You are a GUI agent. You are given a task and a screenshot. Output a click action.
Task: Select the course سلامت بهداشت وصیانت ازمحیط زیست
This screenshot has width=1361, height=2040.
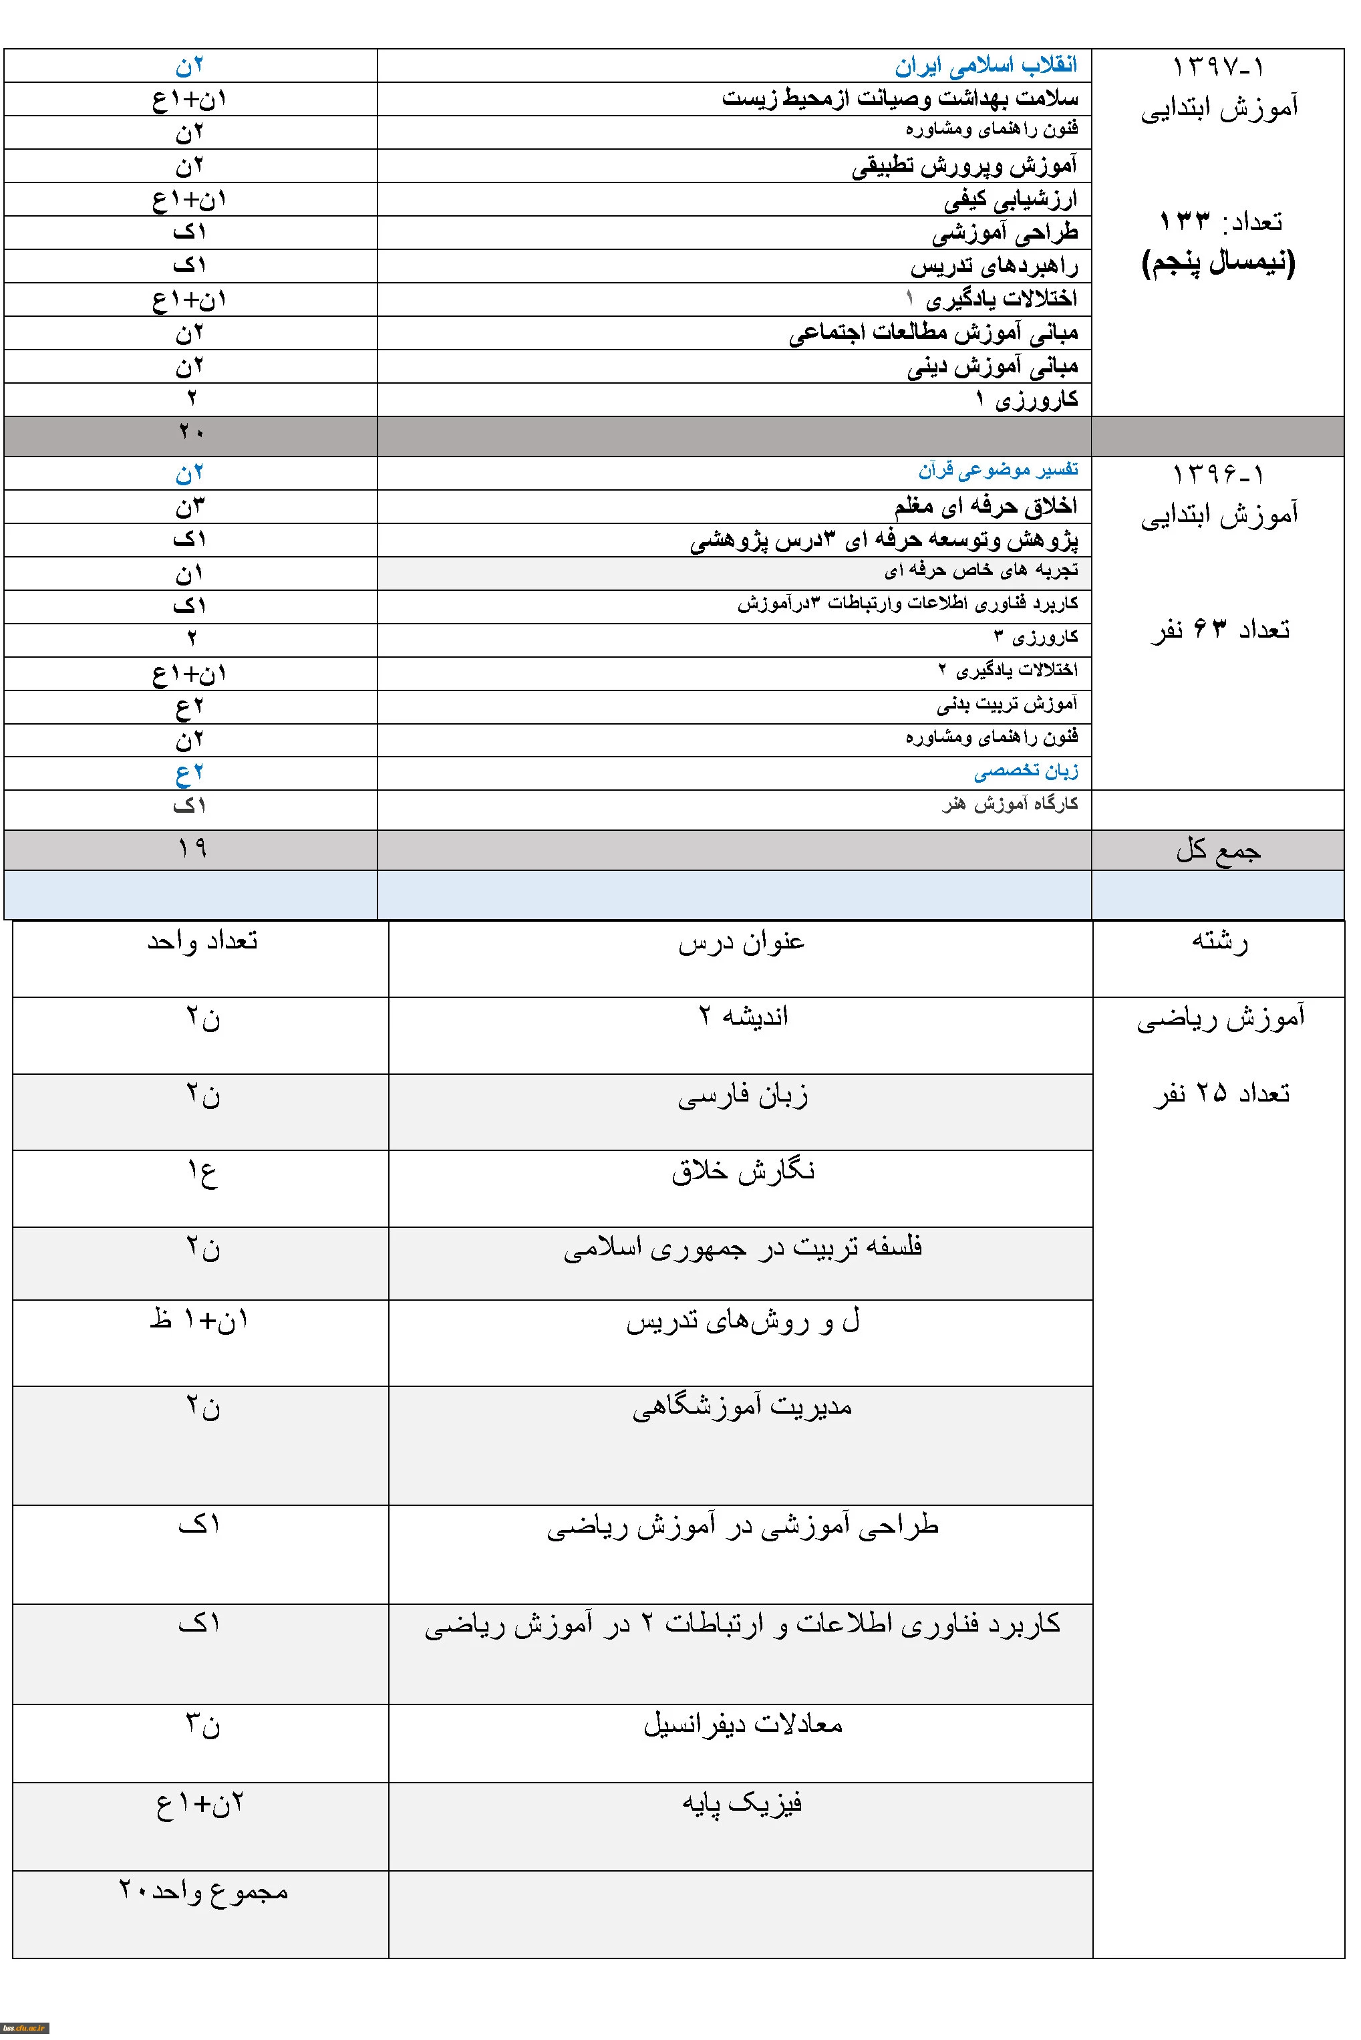click(x=899, y=99)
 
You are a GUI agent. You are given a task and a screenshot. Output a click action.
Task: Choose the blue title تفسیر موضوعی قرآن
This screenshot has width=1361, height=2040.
click(x=998, y=471)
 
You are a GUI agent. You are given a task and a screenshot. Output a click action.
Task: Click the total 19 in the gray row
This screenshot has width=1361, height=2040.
click(x=191, y=848)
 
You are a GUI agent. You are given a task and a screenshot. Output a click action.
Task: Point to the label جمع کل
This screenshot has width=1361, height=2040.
click(x=1218, y=851)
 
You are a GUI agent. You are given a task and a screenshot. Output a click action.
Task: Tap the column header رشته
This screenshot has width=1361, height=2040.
click(x=1219, y=942)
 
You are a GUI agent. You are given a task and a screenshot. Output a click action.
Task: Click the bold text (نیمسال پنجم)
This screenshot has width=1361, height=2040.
click(x=1218, y=262)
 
